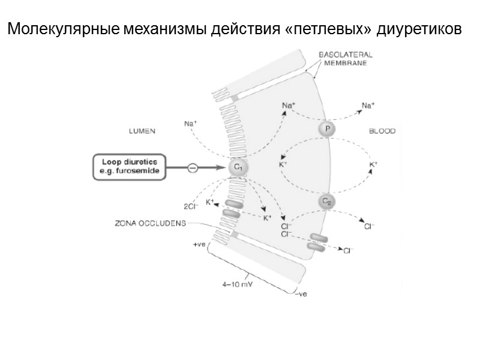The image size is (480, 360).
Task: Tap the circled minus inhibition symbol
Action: [193, 168]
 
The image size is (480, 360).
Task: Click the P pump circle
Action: [327, 130]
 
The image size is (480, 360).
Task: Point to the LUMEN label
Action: [142, 131]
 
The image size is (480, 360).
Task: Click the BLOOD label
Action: [382, 131]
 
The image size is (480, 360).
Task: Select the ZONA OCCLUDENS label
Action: [149, 223]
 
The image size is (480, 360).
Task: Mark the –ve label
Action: [299, 293]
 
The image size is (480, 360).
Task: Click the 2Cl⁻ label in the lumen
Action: [190, 208]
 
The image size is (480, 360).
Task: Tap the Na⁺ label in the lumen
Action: [190, 124]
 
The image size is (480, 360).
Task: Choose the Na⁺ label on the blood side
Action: [368, 106]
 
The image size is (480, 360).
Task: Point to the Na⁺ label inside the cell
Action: [289, 106]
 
